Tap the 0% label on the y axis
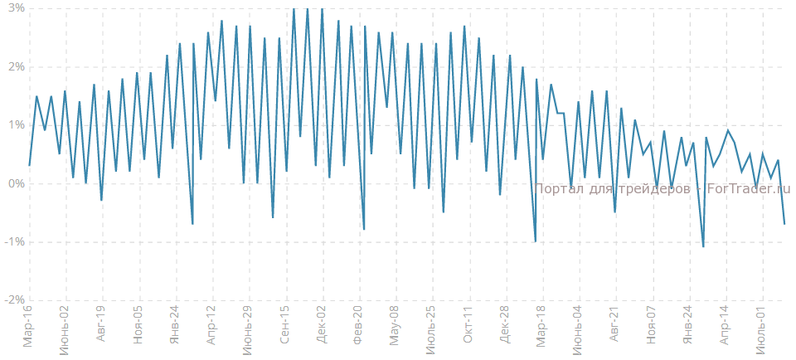[15, 184]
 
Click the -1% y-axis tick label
[13, 242]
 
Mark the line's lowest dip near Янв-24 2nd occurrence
[703, 246]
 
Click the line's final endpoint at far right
[784, 224]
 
